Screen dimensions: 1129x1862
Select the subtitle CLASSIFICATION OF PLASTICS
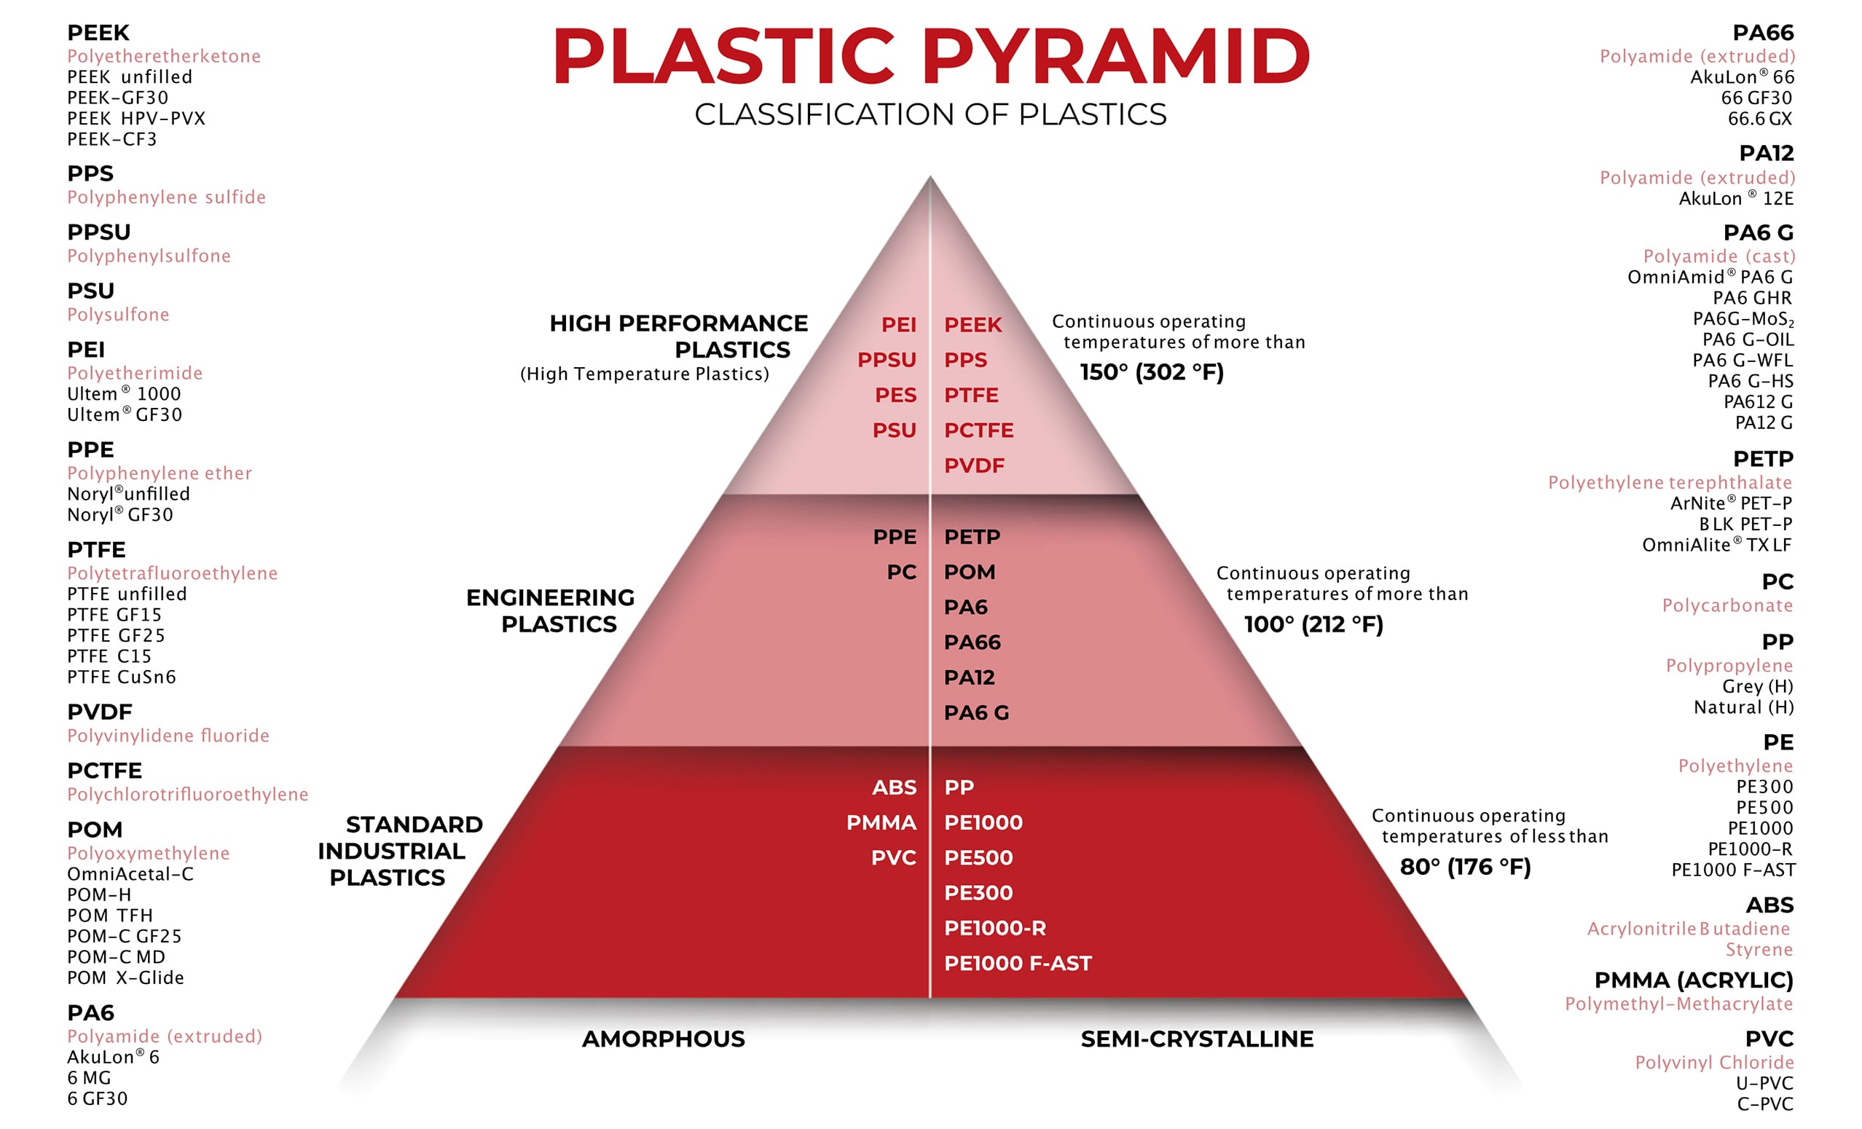930,115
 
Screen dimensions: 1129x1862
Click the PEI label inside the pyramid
897,325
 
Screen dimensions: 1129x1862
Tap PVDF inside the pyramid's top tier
974,465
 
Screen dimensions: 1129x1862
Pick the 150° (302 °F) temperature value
1151,372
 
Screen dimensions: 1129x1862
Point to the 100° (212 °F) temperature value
1313,625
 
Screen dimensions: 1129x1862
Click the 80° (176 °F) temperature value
1465,867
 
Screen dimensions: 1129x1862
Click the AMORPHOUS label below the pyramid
663,1039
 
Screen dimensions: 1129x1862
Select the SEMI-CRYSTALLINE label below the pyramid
1196,1039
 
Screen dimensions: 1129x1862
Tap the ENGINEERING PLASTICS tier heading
551,610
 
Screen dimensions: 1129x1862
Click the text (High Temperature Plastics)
644,374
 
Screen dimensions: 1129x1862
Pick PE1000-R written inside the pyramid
994,928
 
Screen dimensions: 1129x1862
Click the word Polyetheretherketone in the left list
164,56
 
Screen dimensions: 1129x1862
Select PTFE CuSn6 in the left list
122,677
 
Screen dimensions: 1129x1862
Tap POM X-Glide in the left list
125,978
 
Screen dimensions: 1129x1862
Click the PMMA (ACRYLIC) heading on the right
1693,980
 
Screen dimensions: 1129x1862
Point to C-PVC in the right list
1764,1104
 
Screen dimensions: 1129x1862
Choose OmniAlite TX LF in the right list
1716,545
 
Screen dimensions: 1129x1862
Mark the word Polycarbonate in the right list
1727,605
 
